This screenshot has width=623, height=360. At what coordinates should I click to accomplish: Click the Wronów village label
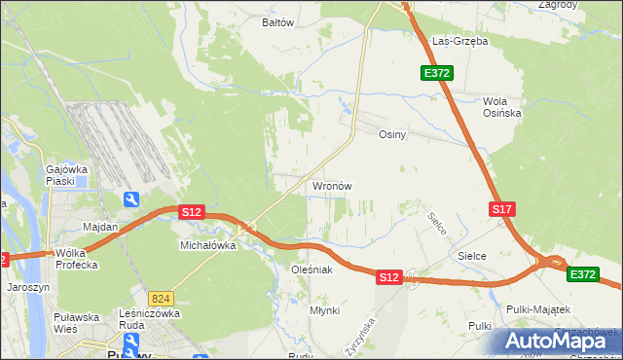tap(331, 186)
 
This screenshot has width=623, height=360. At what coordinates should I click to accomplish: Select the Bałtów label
tap(278, 21)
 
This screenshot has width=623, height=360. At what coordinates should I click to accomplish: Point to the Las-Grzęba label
tap(459, 42)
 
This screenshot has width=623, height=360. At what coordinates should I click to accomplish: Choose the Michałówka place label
tap(208, 246)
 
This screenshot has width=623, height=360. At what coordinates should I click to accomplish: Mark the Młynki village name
tap(324, 310)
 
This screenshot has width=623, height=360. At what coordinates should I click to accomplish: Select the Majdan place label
tap(100, 227)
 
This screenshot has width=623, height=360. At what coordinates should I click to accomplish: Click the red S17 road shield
tap(501, 209)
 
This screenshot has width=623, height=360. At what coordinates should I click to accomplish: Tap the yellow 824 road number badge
tap(162, 298)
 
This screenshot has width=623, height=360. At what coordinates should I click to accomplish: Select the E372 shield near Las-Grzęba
tap(436, 73)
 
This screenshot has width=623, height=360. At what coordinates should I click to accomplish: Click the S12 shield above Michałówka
tap(191, 211)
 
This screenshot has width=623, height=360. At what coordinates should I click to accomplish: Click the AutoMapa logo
tap(556, 341)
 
